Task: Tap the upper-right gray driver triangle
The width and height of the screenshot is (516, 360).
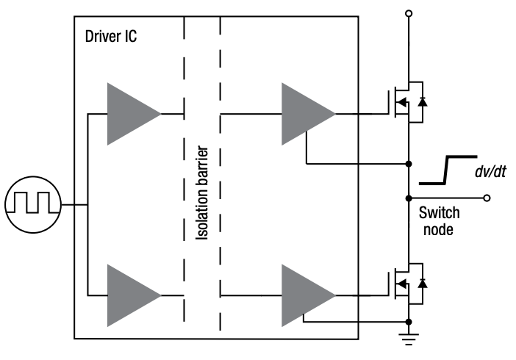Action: pos(304,114)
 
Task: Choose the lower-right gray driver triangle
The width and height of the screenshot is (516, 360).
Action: pos(304,295)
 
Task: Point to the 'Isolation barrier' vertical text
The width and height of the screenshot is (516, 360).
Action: pos(203,195)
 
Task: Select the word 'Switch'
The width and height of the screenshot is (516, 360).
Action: pos(439,214)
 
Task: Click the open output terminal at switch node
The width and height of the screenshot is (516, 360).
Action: pos(486,198)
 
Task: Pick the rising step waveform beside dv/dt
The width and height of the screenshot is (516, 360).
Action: pos(445,170)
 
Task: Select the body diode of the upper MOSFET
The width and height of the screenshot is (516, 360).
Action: pos(422,102)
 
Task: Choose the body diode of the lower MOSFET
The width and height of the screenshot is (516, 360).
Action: pos(422,284)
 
